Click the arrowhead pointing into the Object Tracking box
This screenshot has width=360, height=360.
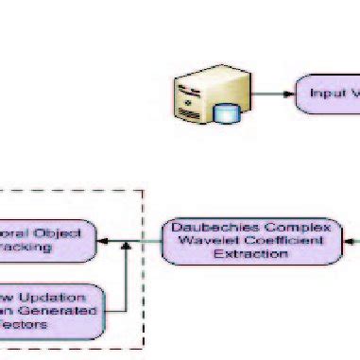point(103,242)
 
